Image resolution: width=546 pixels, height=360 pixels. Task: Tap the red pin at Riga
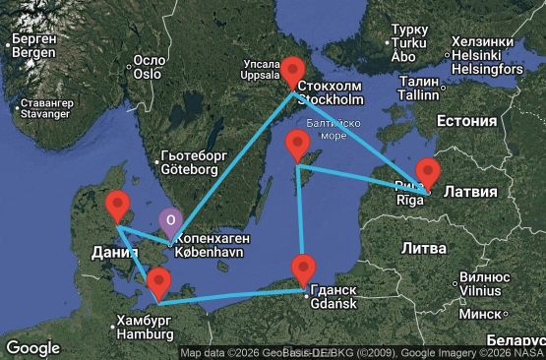[x=427, y=172]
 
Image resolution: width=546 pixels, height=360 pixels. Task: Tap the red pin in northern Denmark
[x=117, y=207]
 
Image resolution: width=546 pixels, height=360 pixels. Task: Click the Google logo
[x=32, y=347]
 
